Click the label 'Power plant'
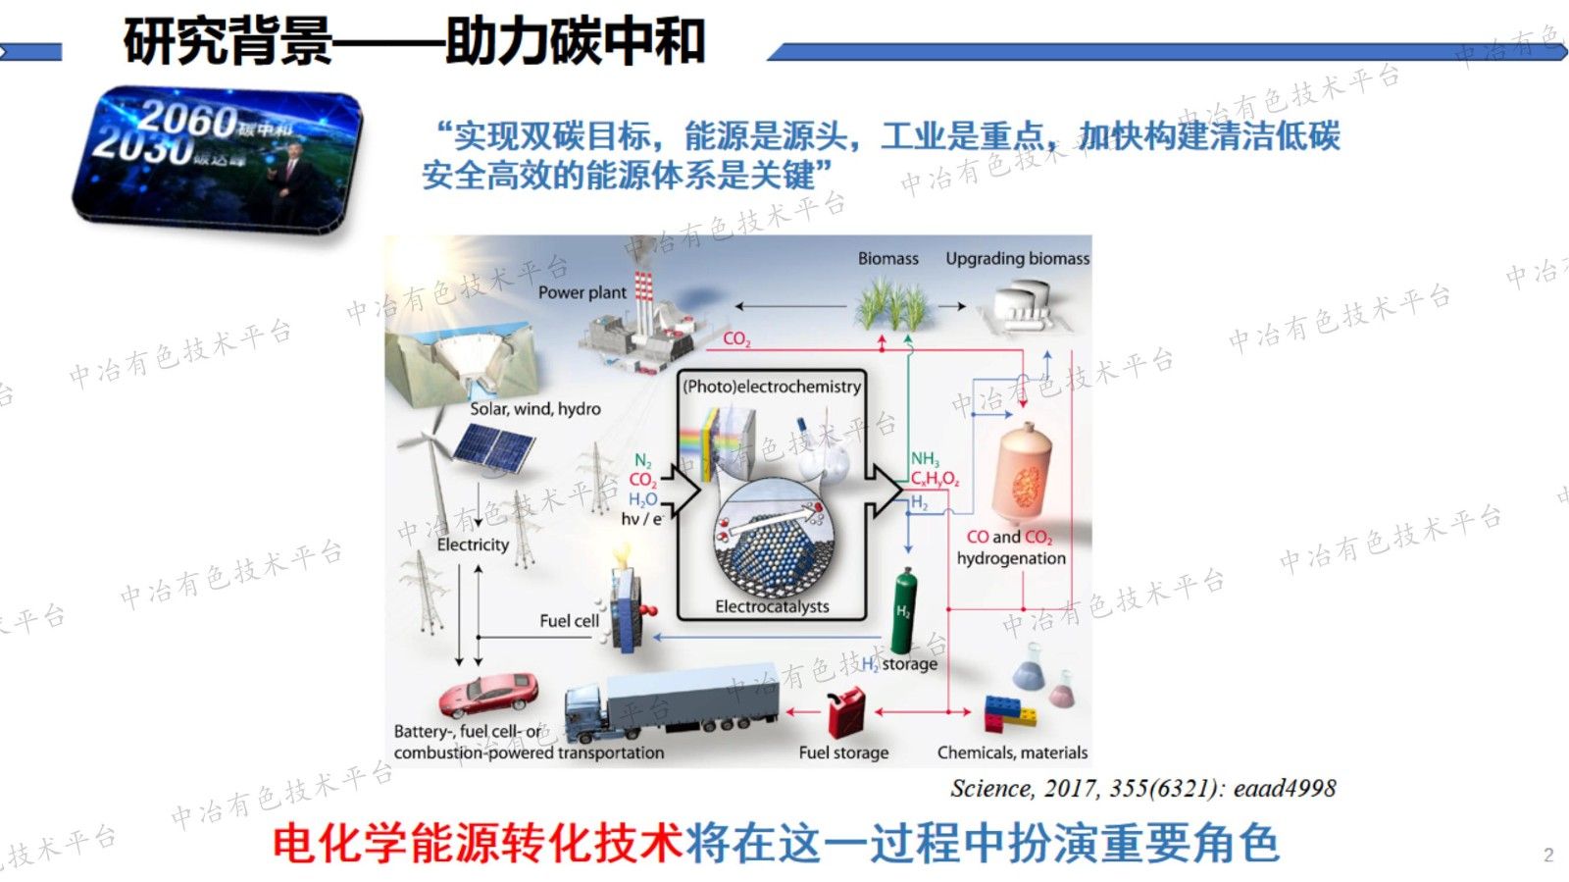pyautogui.click(x=582, y=292)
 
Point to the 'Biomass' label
pyautogui.click(x=887, y=259)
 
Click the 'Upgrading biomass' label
pyautogui.click(x=1017, y=259)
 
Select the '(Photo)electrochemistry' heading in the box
pyautogui.click(x=772, y=387)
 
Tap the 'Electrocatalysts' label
pyautogui.click(x=772, y=606)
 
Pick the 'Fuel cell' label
pyautogui.click(x=569, y=621)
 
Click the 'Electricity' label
pyautogui.click(x=473, y=545)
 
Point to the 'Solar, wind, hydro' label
pyautogui.click(x=534, y=409)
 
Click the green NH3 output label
pyautogui.click(x=925, y=459)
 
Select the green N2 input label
pyautogui.click(x=643, y=461)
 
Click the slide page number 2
pyautogui.click(x=1548, y=855)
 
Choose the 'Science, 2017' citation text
pyautogui.click(x=1142, y=789)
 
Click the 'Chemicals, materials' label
pyautogui.click(x=1012, y=752)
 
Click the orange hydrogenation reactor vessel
pyautogui.click(x=1025, y=476)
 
